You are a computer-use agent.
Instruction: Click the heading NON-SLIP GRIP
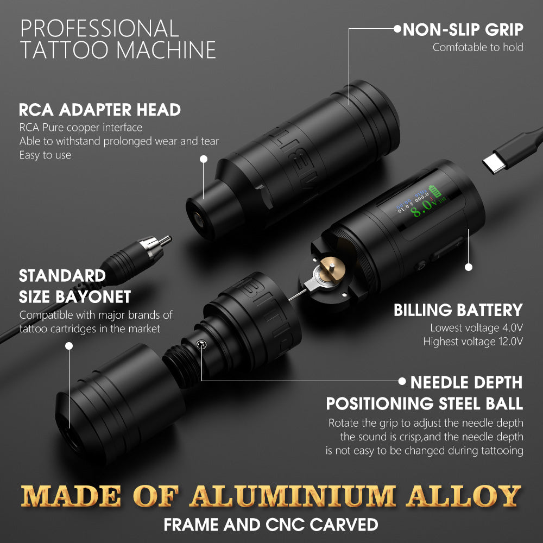coord(463,29)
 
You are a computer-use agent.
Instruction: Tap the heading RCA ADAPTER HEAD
coord(100,110)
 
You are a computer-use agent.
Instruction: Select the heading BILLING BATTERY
coord(458,310)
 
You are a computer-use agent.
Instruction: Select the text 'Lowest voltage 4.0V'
coord(476,327)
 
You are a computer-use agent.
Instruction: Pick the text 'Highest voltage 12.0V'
coord(472,342)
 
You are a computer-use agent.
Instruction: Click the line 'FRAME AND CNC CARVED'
coord(271,525)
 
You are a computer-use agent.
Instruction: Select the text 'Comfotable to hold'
coord(478,47)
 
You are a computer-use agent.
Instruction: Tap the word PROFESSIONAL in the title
coord(99,28)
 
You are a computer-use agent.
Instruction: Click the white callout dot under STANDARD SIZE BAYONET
coord(68,345)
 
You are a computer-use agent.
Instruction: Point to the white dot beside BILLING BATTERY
coord(469,267)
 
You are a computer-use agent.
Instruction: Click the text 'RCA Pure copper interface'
coord(81,128)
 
